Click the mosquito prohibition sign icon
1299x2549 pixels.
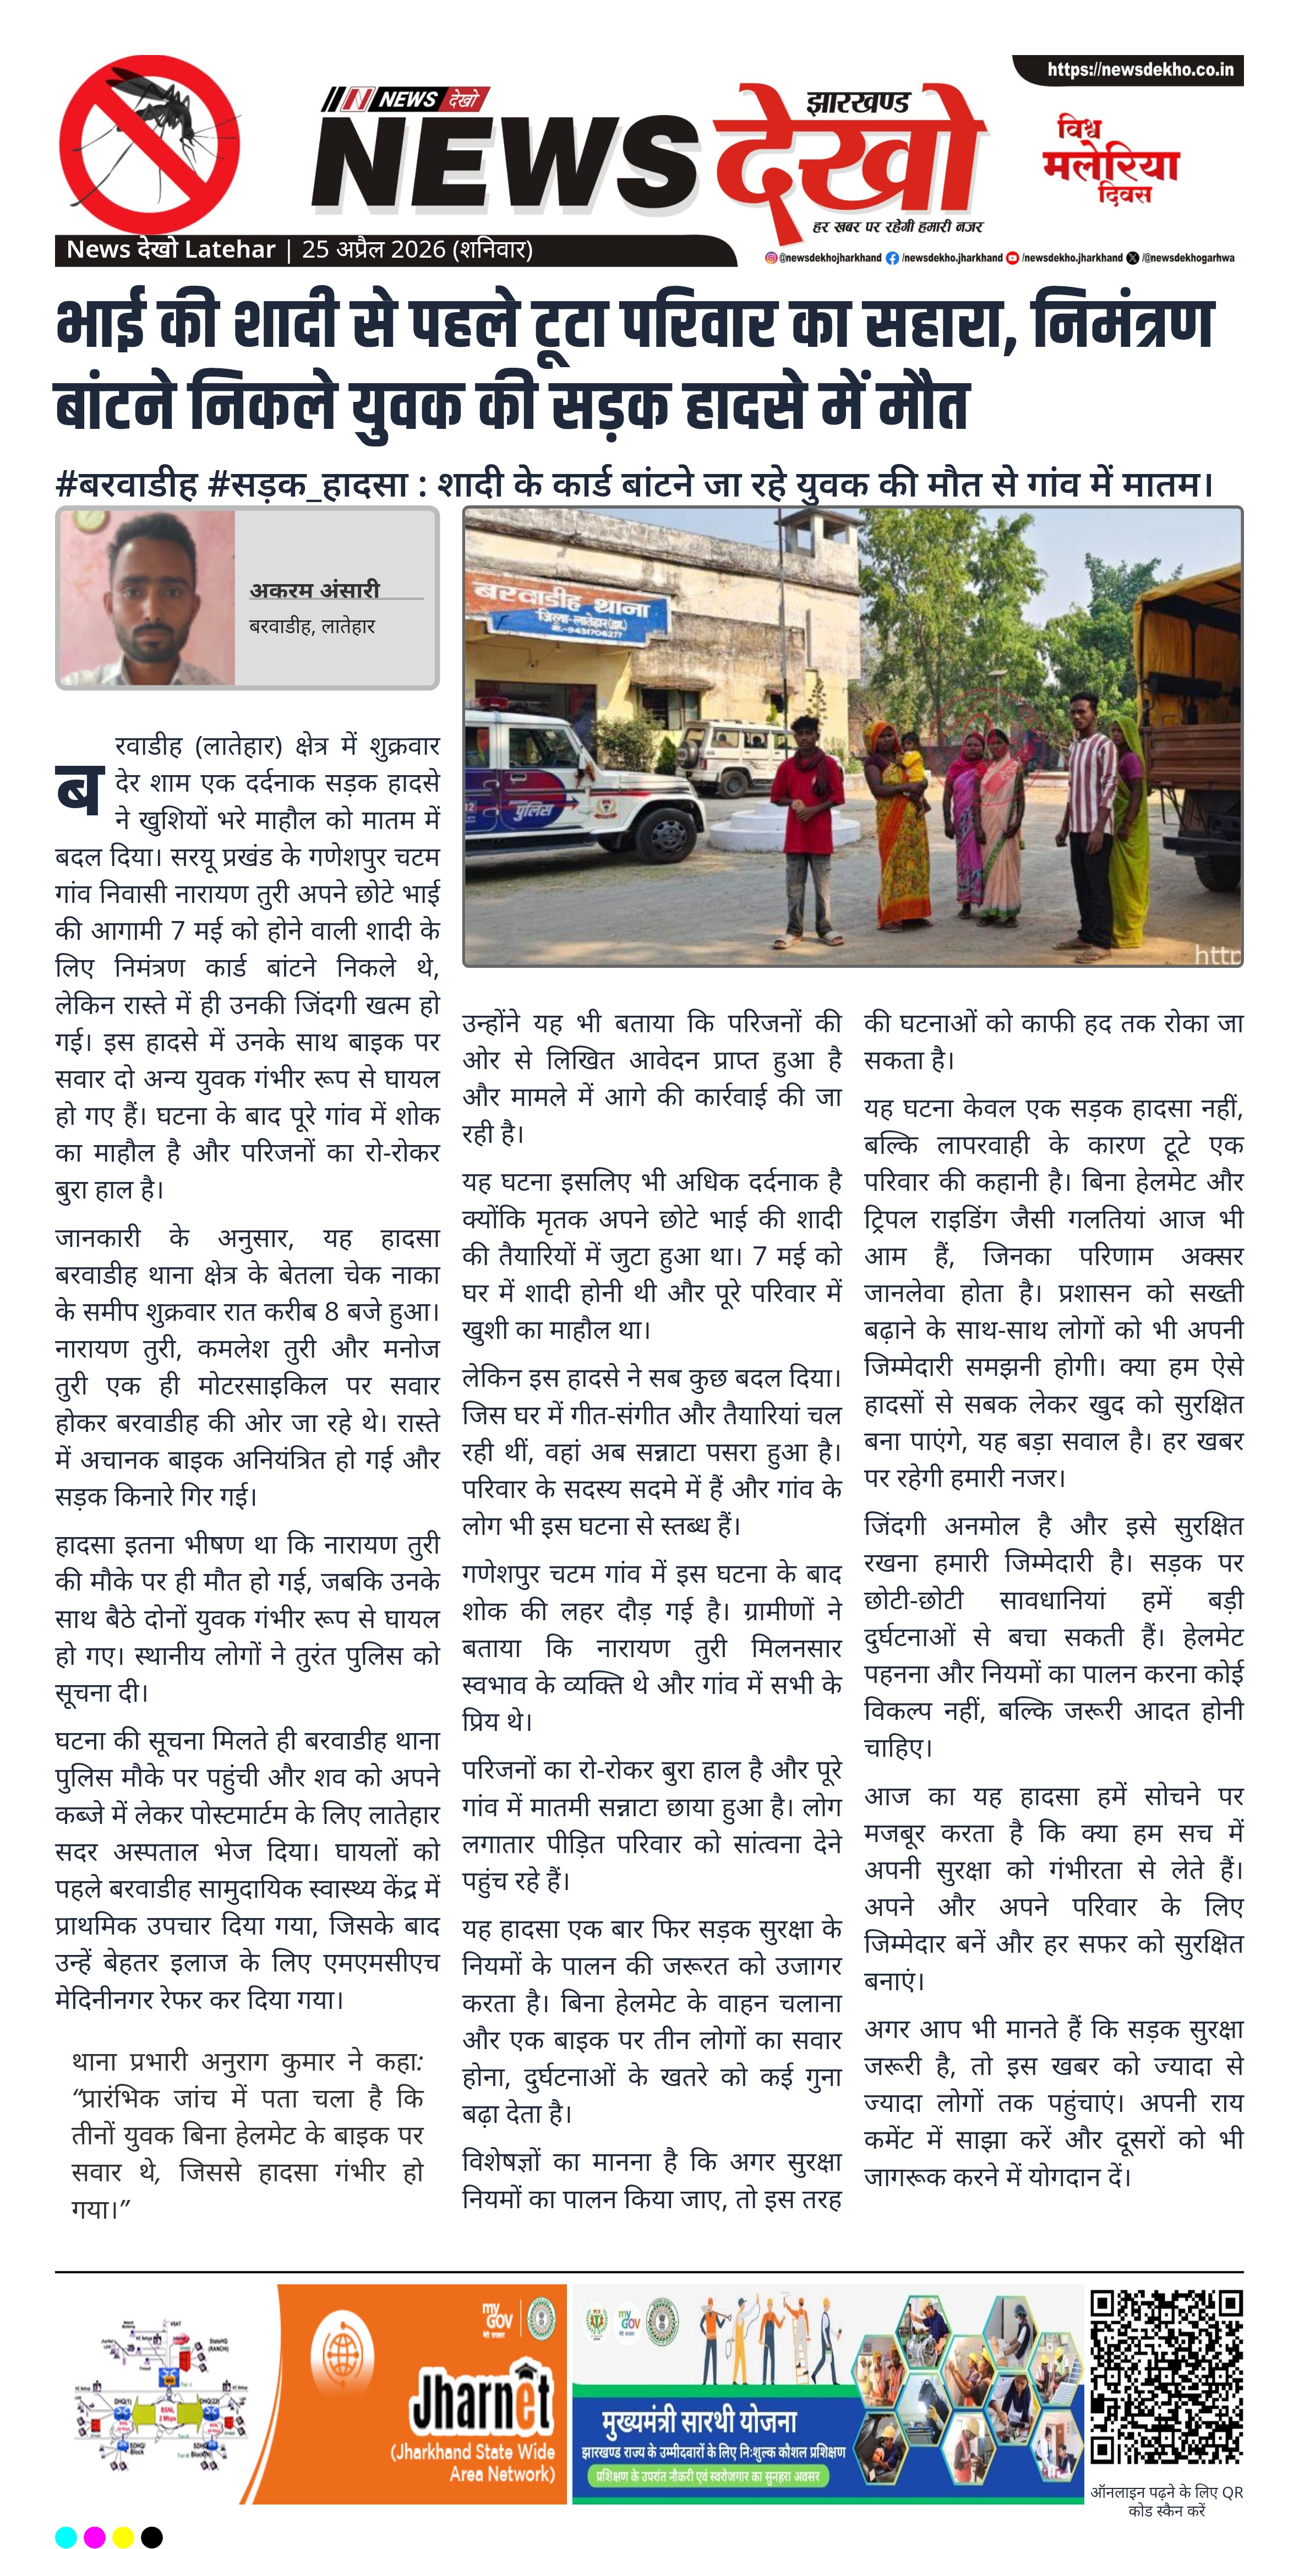[x=149, y=144]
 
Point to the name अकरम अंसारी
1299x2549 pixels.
[x=315, y=590]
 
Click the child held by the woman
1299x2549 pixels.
[x=910, y=772]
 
